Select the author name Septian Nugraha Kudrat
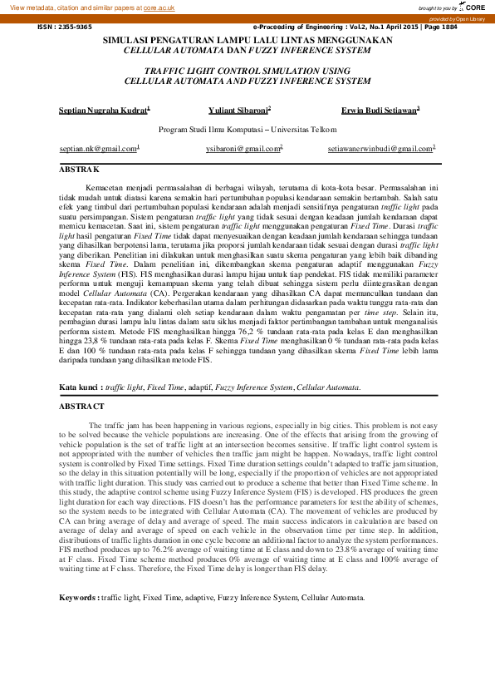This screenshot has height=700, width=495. click(104, 109)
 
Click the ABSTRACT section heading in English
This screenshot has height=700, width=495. click(81, 407)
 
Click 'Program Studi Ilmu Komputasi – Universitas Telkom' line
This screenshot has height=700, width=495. click(247, 130)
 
